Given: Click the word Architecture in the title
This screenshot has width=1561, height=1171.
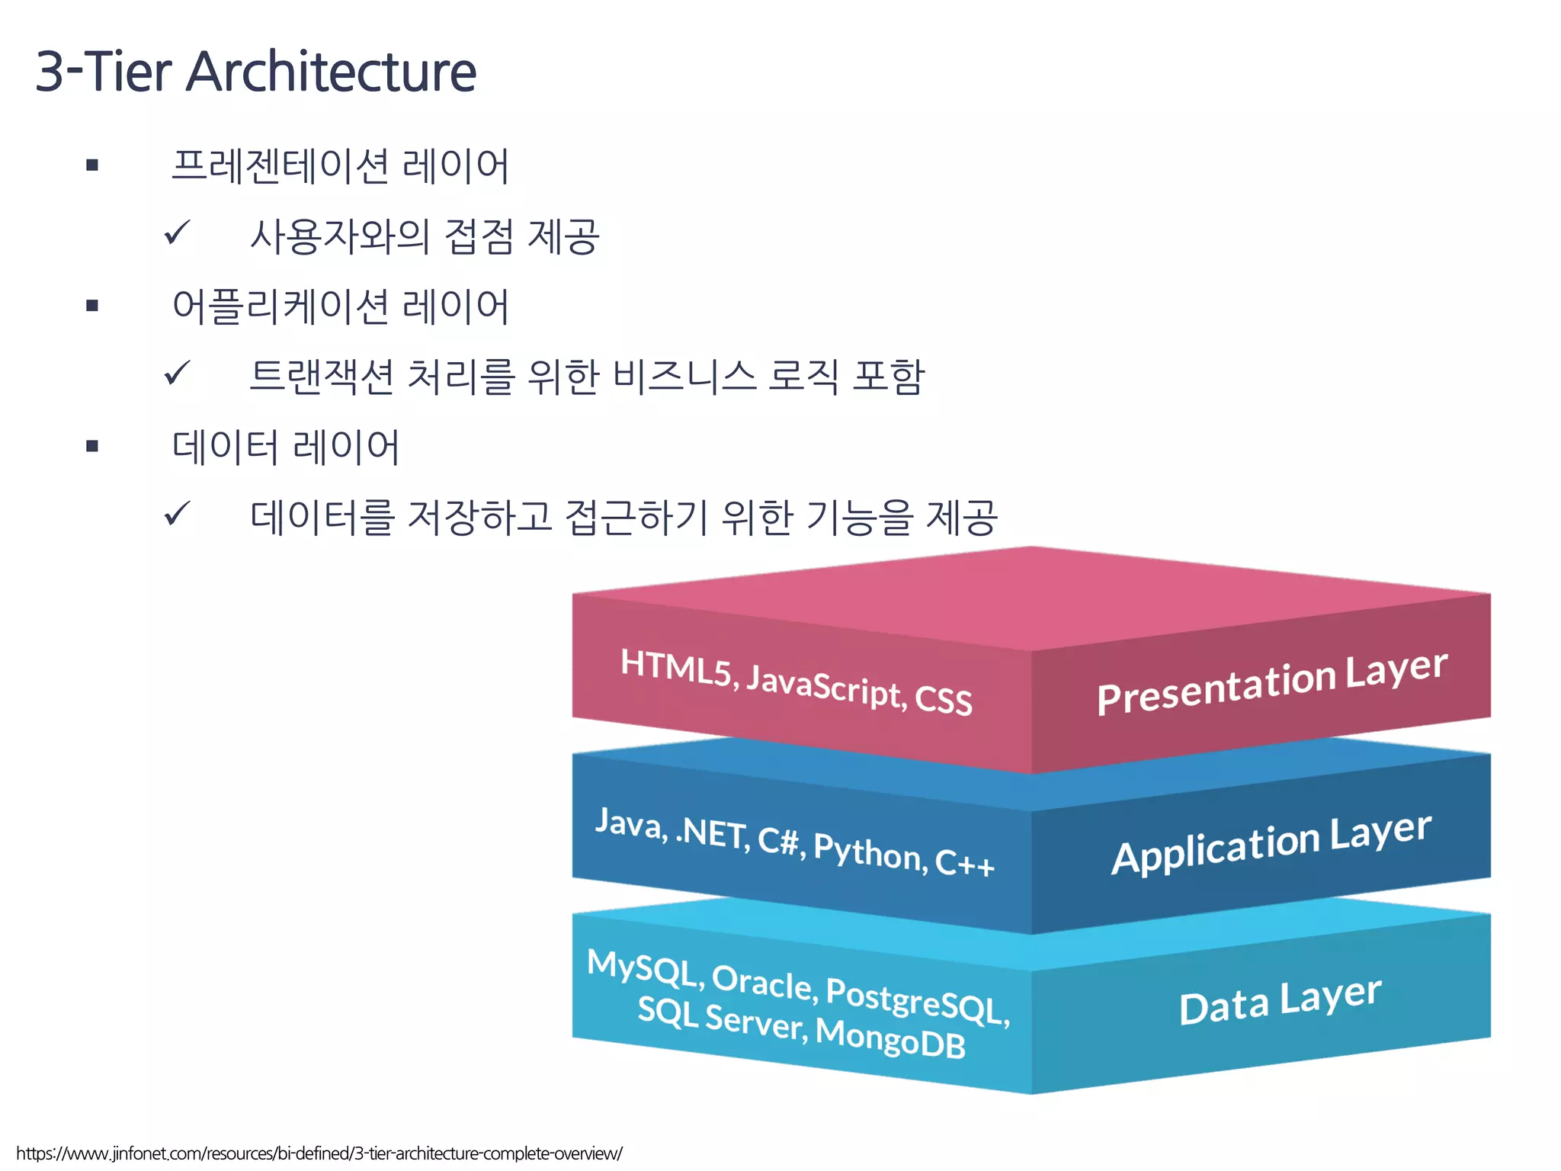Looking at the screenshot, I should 332,72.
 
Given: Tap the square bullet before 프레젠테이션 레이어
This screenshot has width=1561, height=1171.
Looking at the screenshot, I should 93,165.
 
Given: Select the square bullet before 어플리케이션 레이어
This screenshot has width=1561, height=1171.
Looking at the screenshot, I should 93,306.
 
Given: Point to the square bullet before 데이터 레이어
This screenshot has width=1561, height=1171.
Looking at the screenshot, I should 93,446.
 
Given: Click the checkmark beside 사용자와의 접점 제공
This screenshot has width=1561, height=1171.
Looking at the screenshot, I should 177,233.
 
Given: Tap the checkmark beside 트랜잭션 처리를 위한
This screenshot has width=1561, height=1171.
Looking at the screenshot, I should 177,374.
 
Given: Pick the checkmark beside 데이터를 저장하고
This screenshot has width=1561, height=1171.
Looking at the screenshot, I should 177,515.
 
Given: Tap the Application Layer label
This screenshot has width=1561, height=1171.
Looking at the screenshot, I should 1271,843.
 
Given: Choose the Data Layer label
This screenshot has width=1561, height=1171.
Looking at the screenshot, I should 1281,1001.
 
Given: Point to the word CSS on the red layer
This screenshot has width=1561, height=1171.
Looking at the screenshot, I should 943,699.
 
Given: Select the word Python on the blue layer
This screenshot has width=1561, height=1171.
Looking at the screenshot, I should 870,851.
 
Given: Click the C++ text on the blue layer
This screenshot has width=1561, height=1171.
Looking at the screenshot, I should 964,863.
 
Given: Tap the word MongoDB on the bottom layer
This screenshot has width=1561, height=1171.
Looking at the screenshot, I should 890,1038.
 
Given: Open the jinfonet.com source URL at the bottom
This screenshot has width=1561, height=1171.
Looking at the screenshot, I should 319,1153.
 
